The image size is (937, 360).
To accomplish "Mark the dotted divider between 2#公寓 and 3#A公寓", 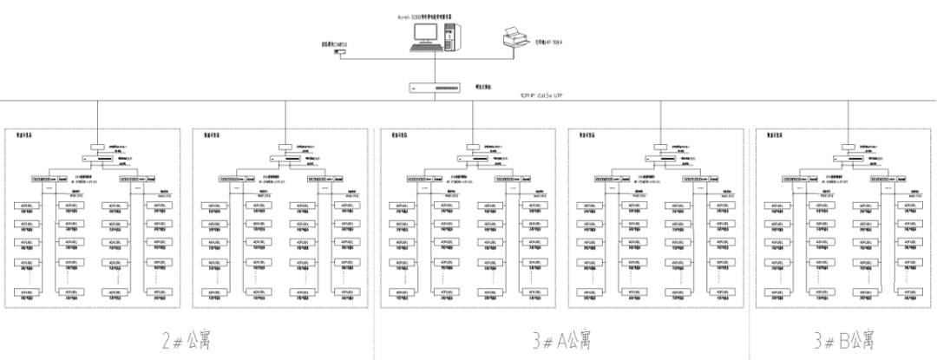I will [x=375, y=334].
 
